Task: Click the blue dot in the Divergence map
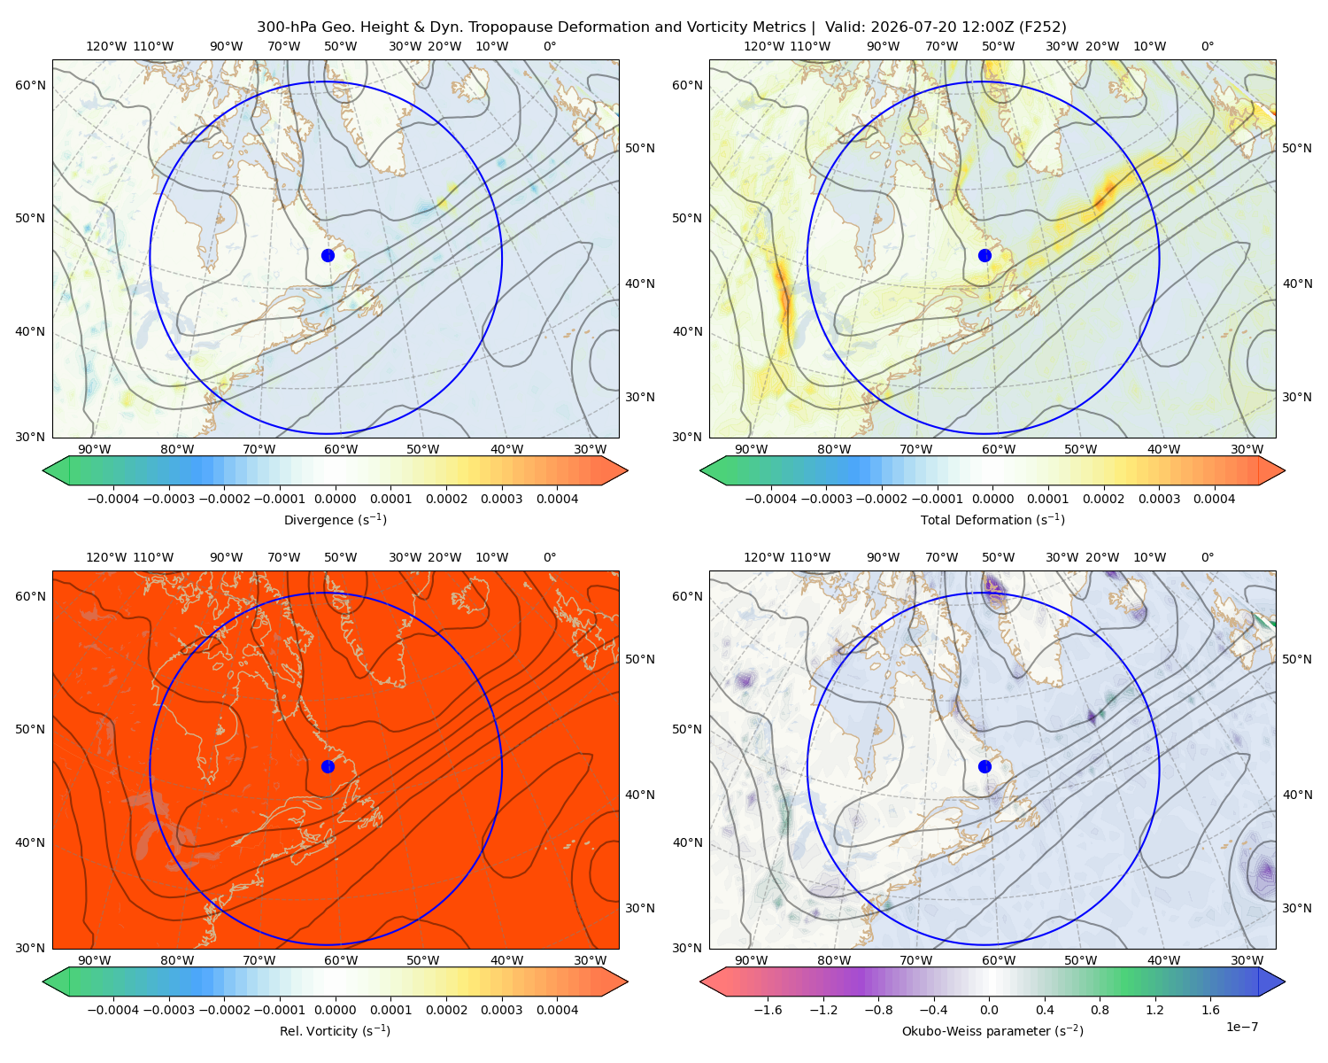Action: [x=328, y=256]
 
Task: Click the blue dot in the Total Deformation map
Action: [x=984, y=256]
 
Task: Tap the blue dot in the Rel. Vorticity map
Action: [x=328, y=766]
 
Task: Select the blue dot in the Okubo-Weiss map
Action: [x=984, y=766]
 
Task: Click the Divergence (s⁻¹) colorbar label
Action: [x=335, y=520]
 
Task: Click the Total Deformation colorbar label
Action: [x=992, y=520]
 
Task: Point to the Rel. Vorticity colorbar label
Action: [x=335, y=1031]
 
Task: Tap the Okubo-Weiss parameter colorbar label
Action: [x=992, y=1031]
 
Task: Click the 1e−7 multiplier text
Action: [x=1241, y=1027]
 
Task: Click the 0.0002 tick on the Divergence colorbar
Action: [x=446, y=499]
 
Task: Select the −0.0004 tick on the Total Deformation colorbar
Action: [x=771, y=499]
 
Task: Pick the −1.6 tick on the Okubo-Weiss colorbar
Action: [x=768, y=1010]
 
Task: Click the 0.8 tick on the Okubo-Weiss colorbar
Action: [x=1100, y=1010]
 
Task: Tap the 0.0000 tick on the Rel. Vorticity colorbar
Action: [x=335, y=1010]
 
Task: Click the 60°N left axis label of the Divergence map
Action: [x=30, y=85]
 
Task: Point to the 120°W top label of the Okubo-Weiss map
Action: [x=764, y=557]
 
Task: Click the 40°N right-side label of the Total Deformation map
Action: [x=1297, y=283]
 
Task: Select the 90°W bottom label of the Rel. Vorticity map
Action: [x=95, y=960]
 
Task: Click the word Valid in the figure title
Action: [x=843, y=27]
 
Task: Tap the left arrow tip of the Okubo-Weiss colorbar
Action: [x=700, y=982]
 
